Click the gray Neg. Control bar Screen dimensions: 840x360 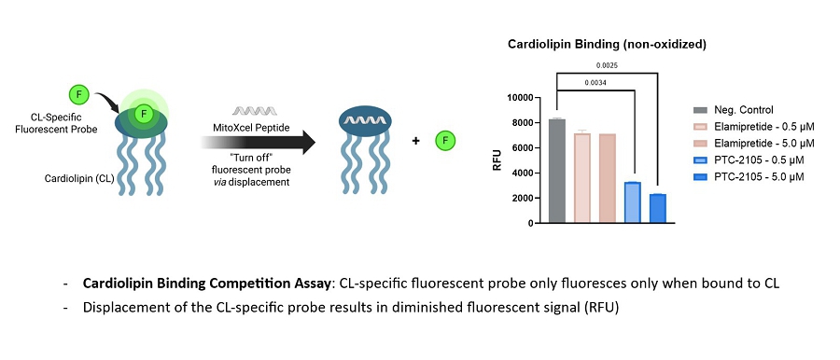(x=557, y=171)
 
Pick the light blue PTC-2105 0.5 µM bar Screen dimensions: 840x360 (x=633, y=202)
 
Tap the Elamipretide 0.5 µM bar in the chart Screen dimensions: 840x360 (x=582, y=177)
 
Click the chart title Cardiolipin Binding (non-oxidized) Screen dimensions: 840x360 (x=607, y=45)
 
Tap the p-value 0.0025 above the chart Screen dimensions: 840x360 (x=609, y=66)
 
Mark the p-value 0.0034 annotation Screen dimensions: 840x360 (x=596, y=82)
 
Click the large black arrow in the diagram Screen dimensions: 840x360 (x=259, y=142)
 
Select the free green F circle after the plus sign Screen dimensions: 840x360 (x=445, y=142)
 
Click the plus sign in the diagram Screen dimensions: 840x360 (x=415, y=141)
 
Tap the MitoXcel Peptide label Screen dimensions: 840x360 (x=255, y=129)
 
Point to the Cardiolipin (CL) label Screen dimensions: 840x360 (x=79, y=179)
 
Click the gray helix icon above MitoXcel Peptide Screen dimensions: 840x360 (x=255, y=111)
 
